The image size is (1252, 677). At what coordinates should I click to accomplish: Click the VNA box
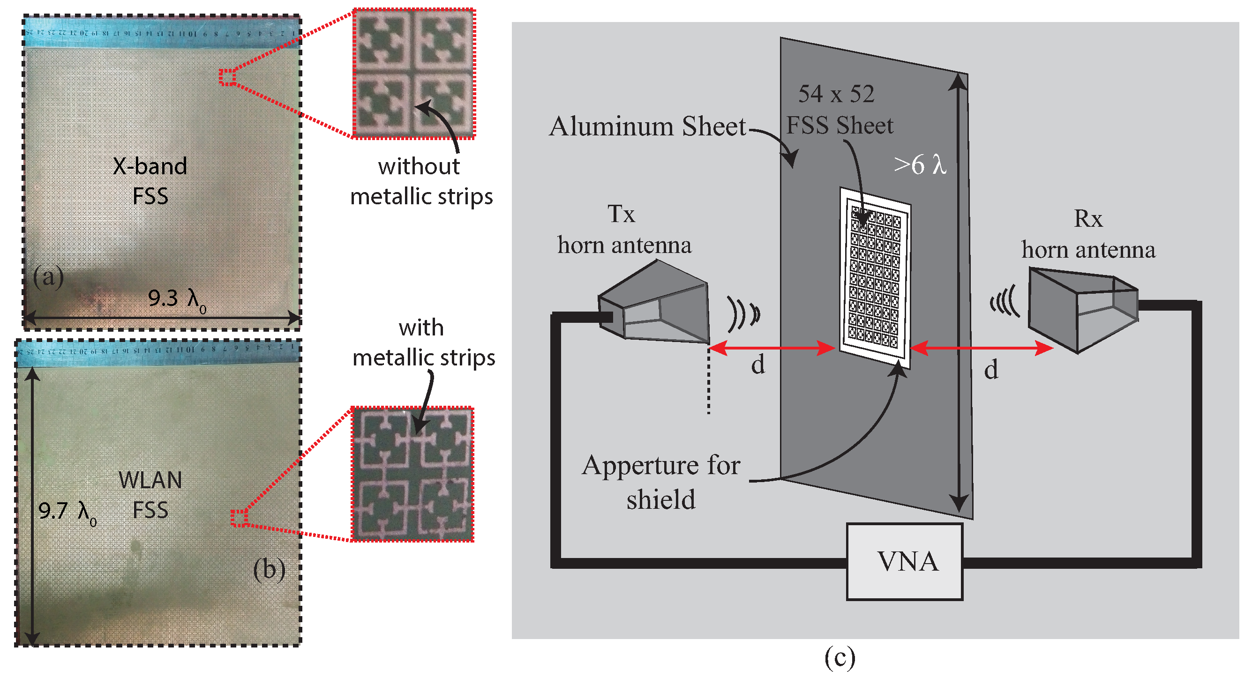point(905,562)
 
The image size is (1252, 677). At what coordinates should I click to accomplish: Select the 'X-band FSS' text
point(150,181)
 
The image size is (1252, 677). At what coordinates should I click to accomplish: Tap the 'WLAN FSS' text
point(150,495)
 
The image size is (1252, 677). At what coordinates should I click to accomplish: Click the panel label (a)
point(48,277)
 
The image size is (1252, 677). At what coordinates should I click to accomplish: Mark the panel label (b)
point(269,569)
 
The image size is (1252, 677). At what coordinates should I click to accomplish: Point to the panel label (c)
point(840,658)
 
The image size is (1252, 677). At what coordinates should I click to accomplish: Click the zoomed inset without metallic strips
point(413,74)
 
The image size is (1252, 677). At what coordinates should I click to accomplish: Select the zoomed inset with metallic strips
point(412,475)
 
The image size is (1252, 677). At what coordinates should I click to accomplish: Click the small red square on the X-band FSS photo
point(227,77)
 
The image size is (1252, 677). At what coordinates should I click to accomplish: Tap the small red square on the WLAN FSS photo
point(239,518)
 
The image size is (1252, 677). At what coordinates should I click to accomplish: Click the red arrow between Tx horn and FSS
point(772,348)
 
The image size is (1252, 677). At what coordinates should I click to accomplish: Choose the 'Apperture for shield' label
point(660,482)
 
